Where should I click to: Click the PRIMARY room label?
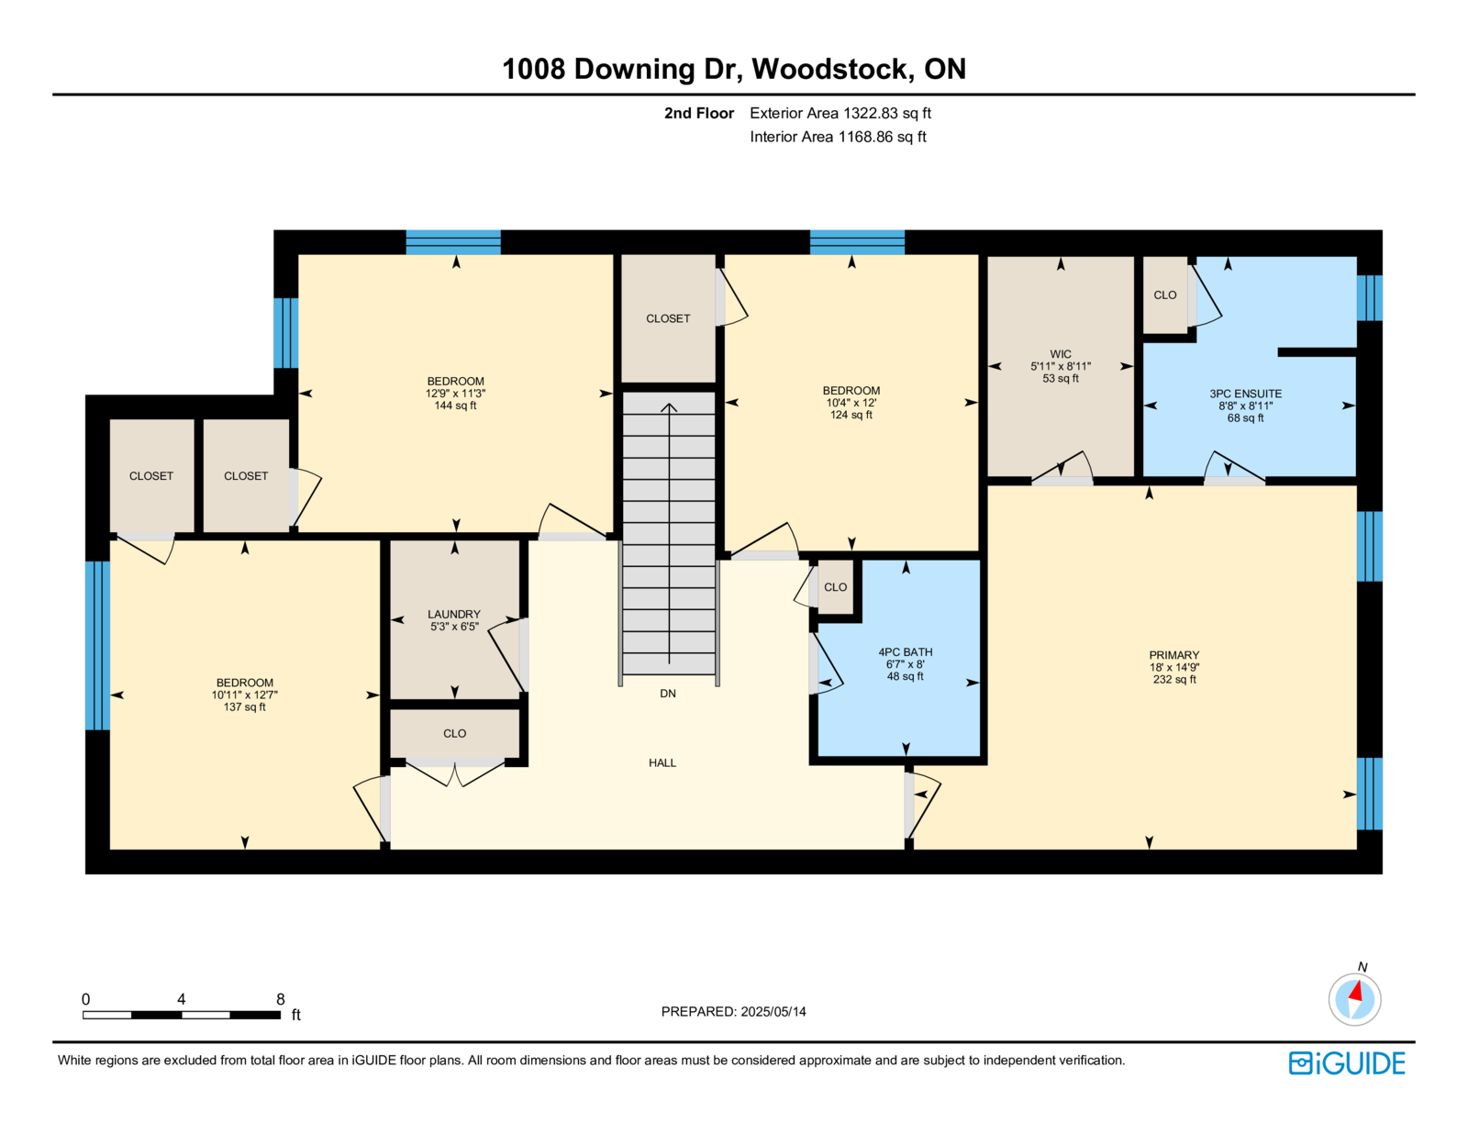1173,654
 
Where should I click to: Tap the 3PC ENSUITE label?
1245,393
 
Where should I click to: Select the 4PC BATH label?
906,651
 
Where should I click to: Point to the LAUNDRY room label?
454,614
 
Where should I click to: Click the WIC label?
1060,354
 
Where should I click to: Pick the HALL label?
662,762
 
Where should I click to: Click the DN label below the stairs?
667,693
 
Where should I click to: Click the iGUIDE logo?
1346,1063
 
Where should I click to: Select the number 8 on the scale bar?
281,998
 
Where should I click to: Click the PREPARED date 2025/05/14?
773,1011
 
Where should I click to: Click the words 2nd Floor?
698,113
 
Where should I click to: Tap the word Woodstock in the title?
830,69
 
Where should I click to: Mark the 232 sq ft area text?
1174,679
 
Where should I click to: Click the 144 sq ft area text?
455,406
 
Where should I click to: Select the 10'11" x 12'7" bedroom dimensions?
245,695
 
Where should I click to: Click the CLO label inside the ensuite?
1164,295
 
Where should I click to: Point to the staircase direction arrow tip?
669,404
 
